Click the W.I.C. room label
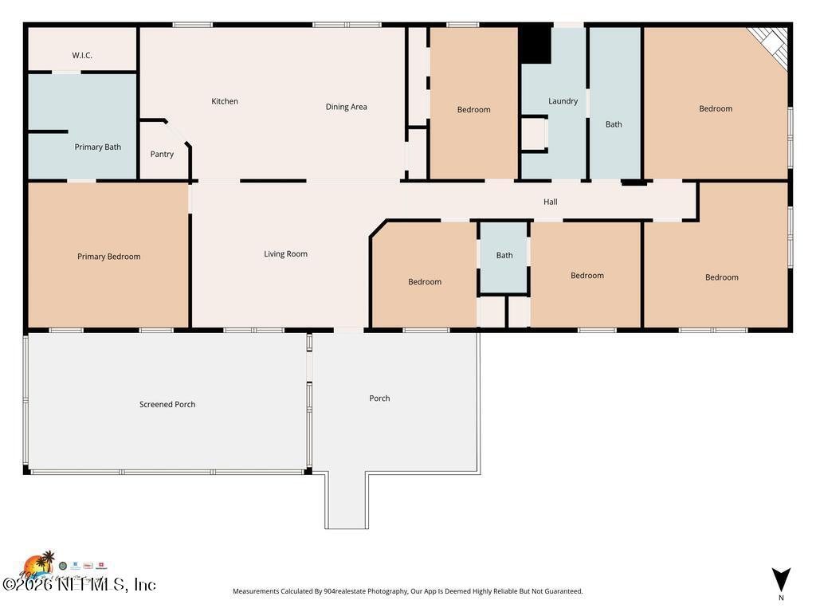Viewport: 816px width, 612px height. click(x=82, y=55)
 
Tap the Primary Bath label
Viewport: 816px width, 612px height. click(x=97, y=147)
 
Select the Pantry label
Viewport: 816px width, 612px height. click(x=162, y=154)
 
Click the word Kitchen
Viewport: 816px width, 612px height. click(x=225, y=101)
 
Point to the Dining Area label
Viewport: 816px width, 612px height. click(x=346, y=107)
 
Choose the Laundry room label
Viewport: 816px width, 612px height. click(x=563, y=101)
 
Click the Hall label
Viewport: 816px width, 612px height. click(x=550, y=202)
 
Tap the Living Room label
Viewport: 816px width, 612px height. click(x=285, y=254)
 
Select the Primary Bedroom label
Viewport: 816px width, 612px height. click(x=108, y=257)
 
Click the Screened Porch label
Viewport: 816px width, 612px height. click(x=167, y=404)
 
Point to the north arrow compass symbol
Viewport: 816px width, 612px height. click(x=781, y=580)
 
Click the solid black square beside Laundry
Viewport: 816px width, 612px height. click(x=535, y=45)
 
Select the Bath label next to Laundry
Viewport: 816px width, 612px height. click(x=614, y=124)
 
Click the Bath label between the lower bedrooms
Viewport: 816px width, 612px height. click(x=504, y=256)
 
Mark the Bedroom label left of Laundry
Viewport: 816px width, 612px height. click(x=473, y=110)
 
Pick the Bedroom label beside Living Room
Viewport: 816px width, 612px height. click(x=425, y=281)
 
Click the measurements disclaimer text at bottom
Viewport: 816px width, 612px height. click(x=407, y=591)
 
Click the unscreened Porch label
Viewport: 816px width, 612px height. click(x=379, y=398)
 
